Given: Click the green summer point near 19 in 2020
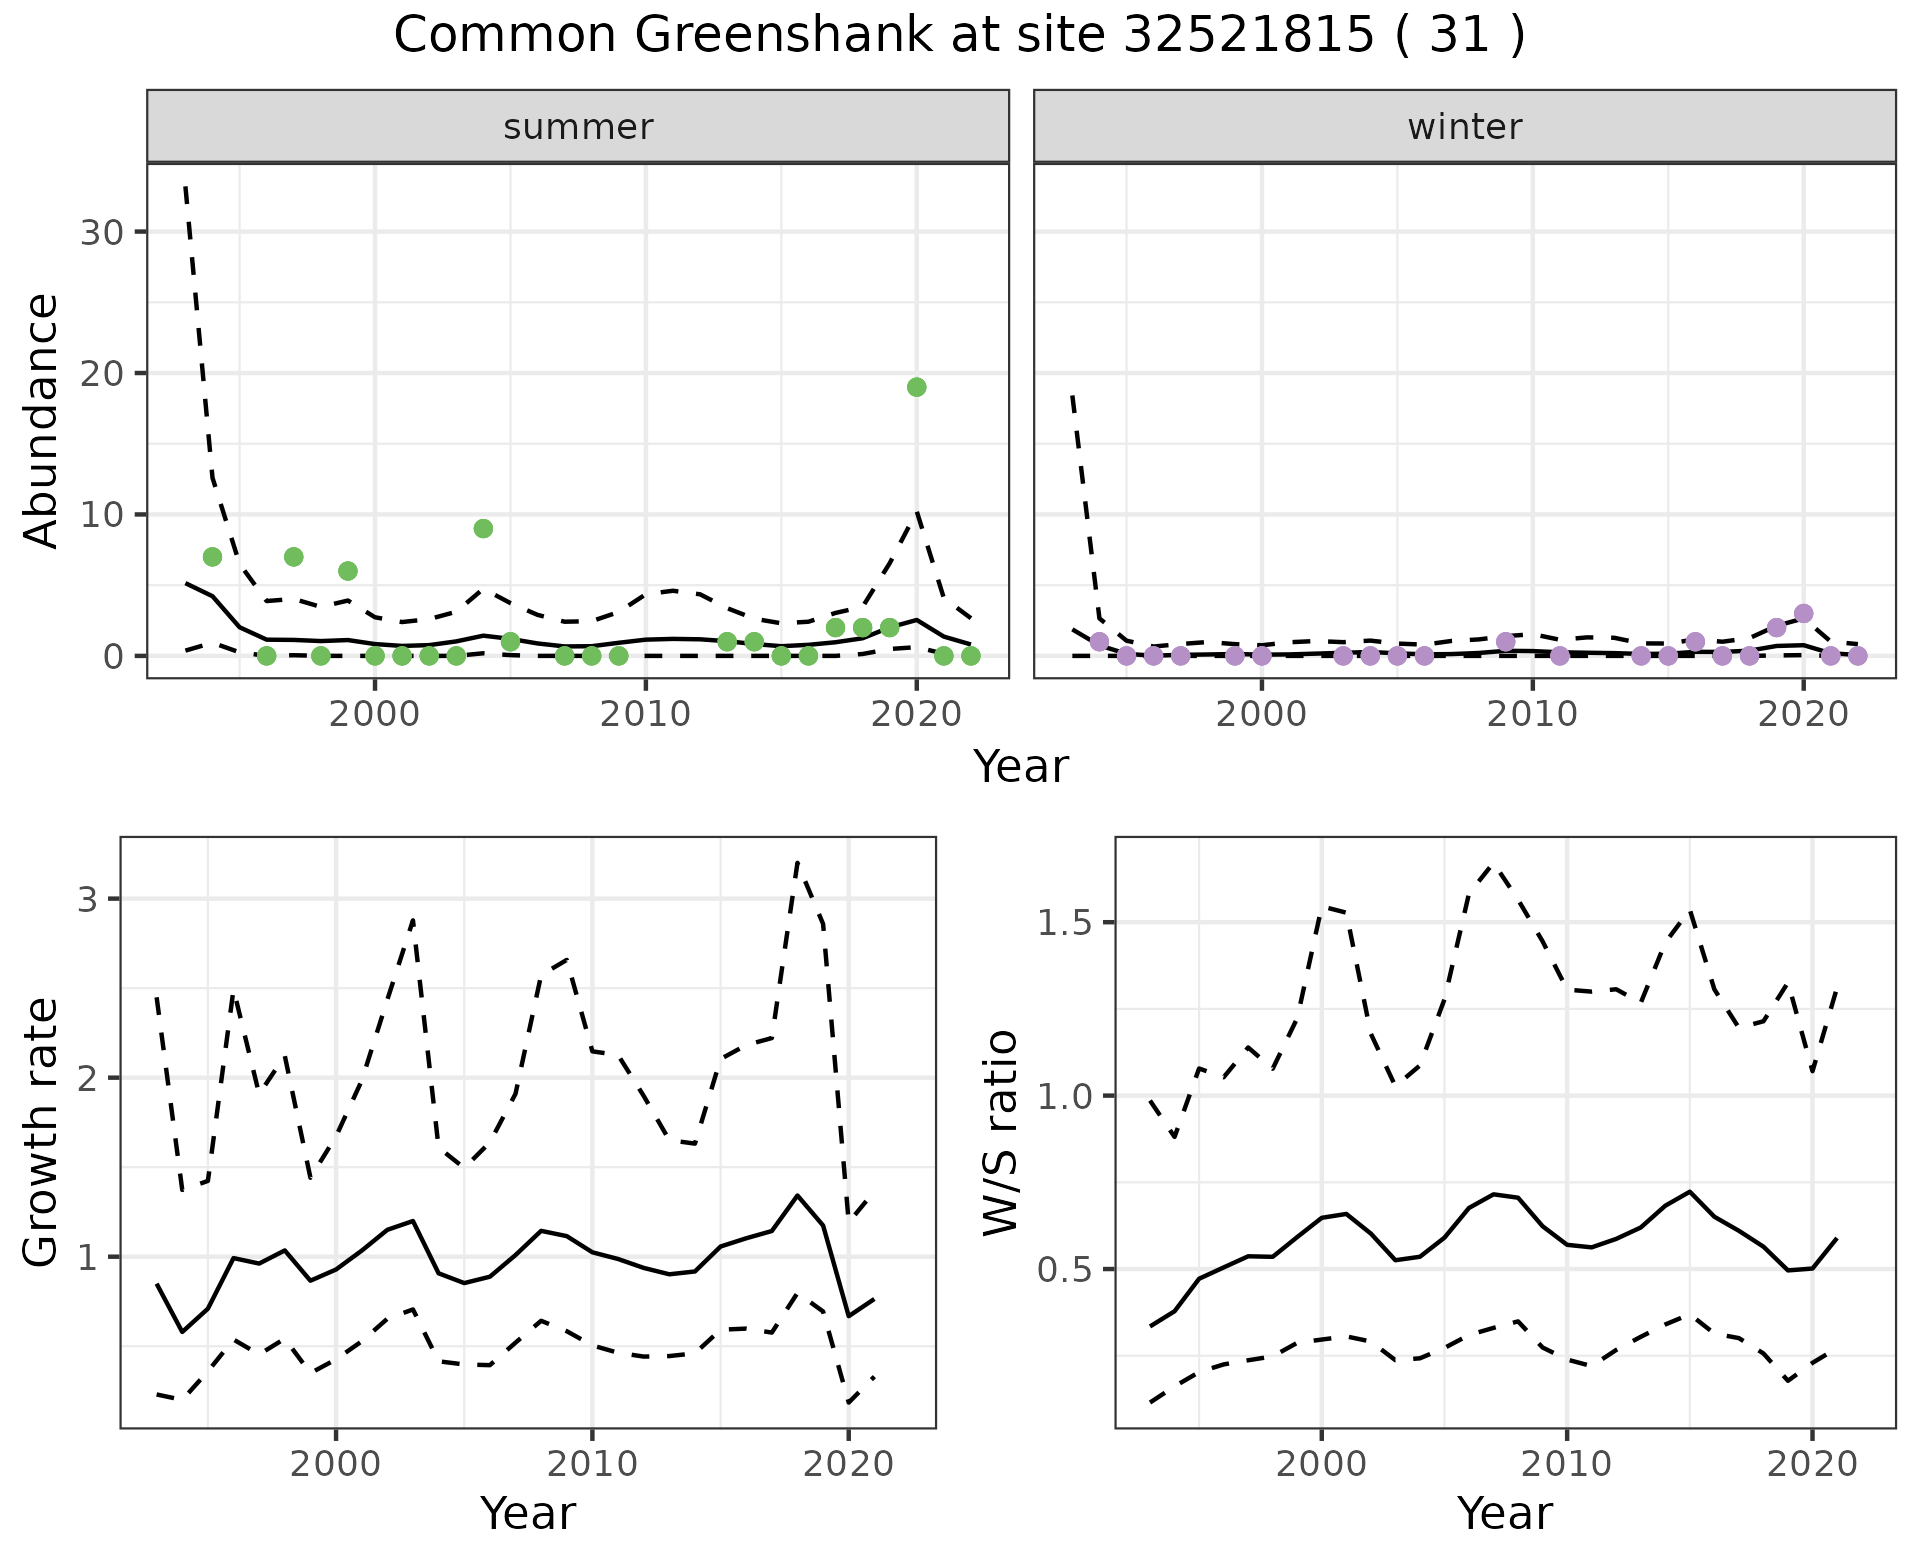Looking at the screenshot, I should point(916,387).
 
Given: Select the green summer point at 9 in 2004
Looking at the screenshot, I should point(483,528).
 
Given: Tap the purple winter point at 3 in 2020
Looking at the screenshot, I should point(1803,613).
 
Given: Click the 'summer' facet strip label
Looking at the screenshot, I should point(578,127).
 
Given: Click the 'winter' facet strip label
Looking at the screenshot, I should point(1464,127).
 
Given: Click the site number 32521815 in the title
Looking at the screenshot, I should point(1248,36).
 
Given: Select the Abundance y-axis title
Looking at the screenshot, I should point(42,420).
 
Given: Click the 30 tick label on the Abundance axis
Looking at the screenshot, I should point(100,232).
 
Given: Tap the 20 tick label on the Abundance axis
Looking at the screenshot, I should point(100,373).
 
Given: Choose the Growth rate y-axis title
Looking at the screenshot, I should point(42,1132).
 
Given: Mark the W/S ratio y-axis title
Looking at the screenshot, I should point(1000,1132).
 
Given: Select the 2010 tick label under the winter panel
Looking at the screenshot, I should point(1532,714).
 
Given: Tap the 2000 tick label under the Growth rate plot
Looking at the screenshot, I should point(336,1464).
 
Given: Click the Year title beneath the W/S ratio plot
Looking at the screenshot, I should point(1504,1514).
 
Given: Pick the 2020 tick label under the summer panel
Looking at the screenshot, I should point(916,714).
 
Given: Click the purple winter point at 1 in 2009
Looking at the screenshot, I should point(1506,641).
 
